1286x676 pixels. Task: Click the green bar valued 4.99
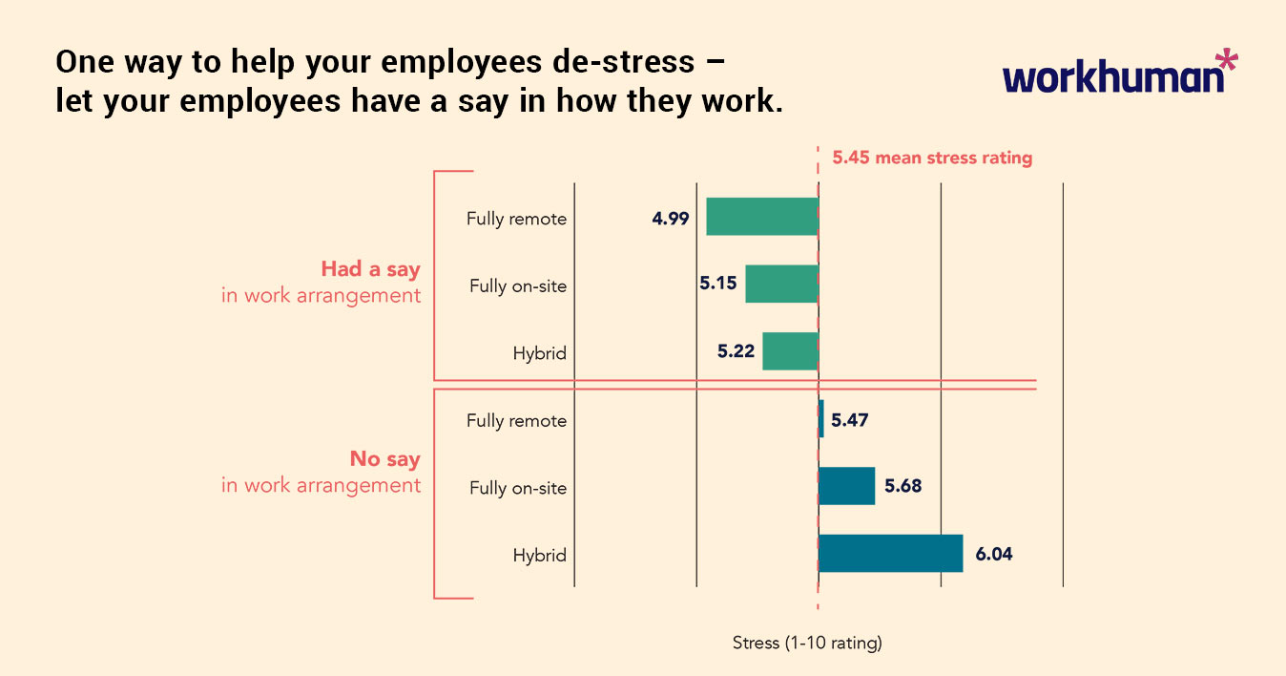pos(761,217)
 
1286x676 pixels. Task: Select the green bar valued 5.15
pos(781,284)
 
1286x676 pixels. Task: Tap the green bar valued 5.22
pos(790,351)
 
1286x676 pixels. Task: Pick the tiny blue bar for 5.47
pos(820,419)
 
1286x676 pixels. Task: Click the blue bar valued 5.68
pos(846,486)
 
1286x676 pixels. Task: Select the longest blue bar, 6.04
pos(890,554)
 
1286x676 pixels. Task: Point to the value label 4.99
pos(670,218)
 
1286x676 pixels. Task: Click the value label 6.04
pos(993,554)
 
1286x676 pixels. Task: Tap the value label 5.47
pos(849,419)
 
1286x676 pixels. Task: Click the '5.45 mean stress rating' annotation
pos(932,158)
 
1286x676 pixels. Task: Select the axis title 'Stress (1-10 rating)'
pos(807,643)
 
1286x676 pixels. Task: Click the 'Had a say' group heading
pos(370,269)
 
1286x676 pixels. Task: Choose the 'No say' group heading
pos(384,459)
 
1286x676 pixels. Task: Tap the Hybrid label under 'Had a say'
pos(539,353)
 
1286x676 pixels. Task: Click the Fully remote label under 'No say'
pos(516,420)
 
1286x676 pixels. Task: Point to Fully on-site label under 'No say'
pos(517,488)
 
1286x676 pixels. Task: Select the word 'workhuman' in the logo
pos(1112,77)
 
